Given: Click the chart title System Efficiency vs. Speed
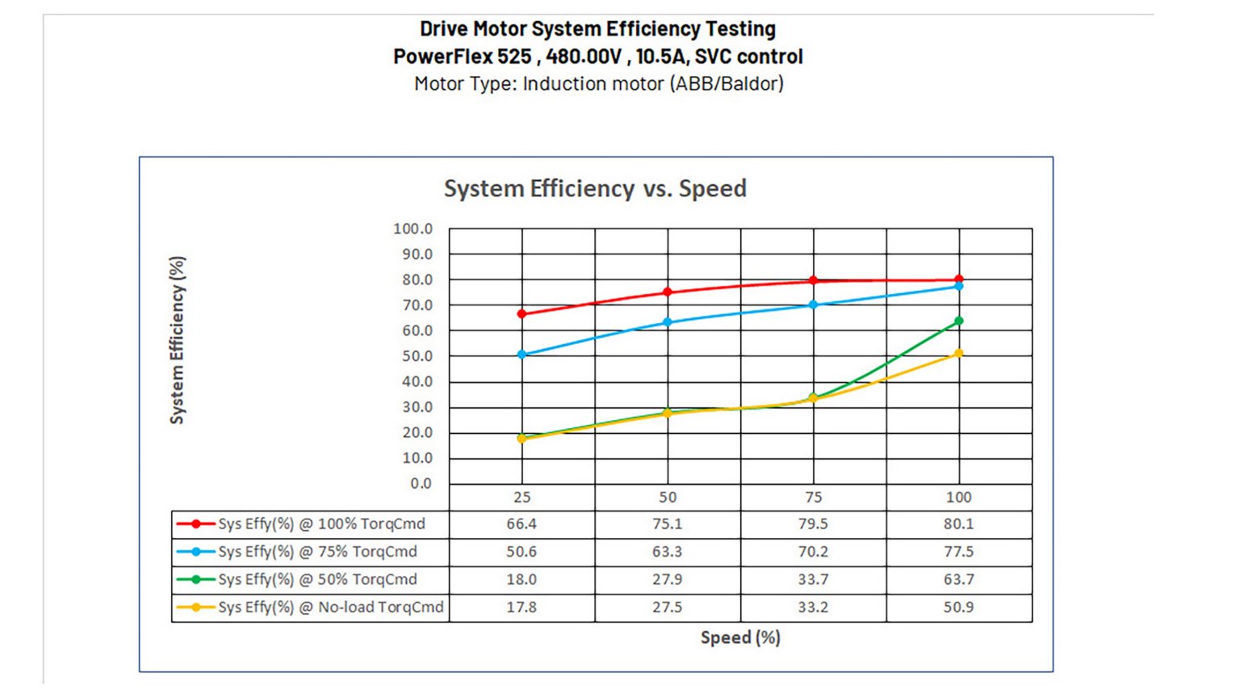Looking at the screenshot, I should (x=595, y=188).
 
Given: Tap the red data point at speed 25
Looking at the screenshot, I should (x=522, y=313).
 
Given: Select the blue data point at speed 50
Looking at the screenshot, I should (x=668, y=322).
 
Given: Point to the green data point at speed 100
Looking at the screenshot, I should (x=959, y=322).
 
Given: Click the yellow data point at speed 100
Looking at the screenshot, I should (x=959, y=354).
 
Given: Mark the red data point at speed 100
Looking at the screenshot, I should (x=959, y=280).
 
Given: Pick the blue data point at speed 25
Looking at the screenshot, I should (x=522, y=355).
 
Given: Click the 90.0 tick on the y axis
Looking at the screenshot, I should (x=413, y=254).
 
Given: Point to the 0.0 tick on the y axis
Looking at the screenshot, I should (x=421, y=484).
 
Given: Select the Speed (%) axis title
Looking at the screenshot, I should (x=740, y=637).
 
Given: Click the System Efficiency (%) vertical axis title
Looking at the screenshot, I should (x=177, y=340).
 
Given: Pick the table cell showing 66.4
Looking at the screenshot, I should (x=522, y=524).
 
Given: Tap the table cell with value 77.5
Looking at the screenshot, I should (x=958, y=552).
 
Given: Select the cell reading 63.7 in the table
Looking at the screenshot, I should (x=958, y=580).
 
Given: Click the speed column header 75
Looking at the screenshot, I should (x=813, y=498).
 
